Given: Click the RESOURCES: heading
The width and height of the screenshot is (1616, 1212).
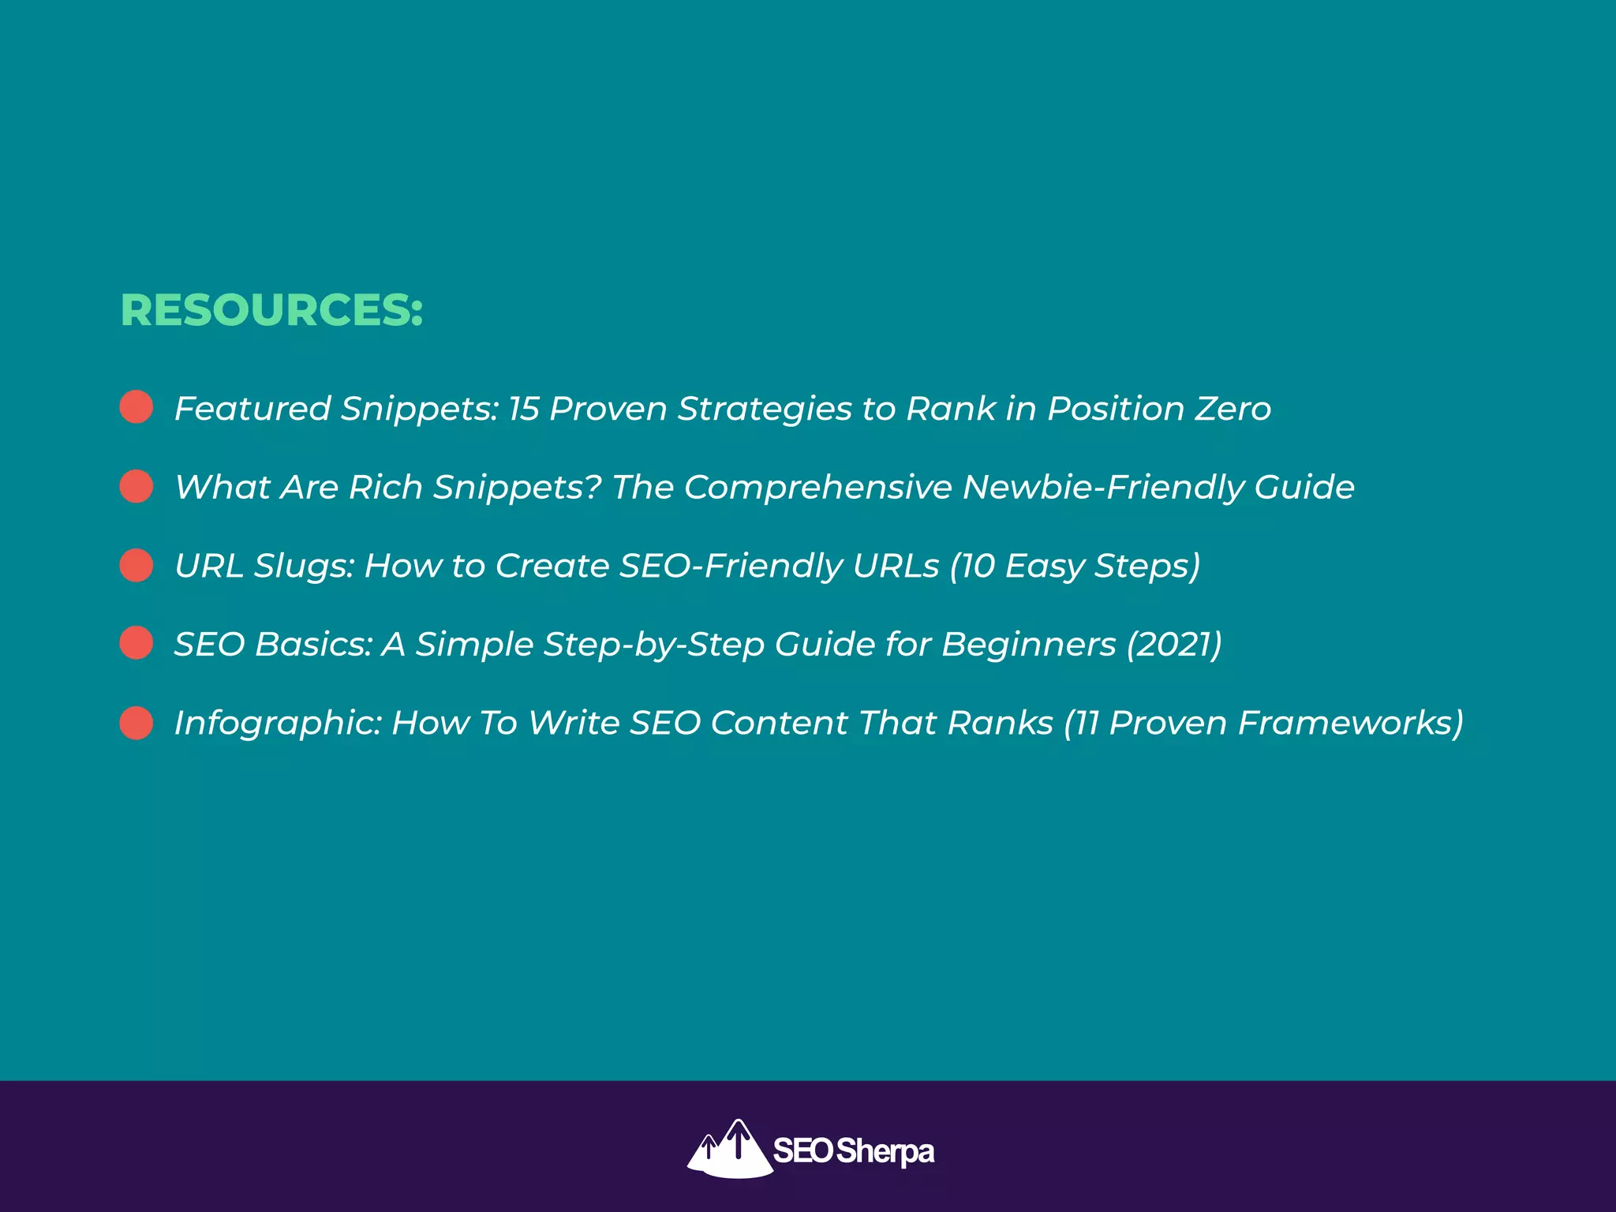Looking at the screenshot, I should coord(271,310).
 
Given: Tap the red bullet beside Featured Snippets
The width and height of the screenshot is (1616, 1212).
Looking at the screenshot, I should coord(137,407).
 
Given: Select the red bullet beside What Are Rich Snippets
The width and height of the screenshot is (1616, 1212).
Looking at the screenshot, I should coord(137,486).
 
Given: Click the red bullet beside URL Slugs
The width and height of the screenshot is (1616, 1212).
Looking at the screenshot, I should coord(137,565).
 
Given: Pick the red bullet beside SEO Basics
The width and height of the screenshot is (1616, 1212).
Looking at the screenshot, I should coord(137,643).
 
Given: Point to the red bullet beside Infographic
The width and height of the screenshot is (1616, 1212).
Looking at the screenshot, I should coord(137,722).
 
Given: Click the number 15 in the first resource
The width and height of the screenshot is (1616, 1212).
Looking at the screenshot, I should coord(523,409).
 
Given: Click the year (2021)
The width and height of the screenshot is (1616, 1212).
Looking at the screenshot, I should coord(1173,645).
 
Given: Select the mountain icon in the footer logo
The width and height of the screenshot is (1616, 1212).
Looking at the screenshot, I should coord(729,1149).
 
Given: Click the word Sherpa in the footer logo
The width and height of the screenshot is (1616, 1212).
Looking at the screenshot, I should coord(885,1151).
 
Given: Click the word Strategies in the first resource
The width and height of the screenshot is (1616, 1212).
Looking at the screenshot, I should coord(765,409).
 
